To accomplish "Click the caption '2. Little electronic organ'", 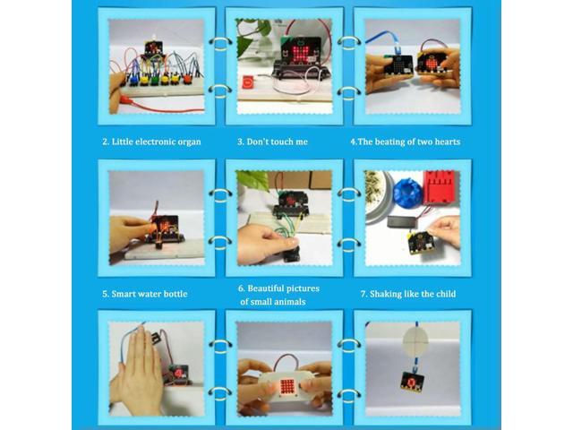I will click(150, 142).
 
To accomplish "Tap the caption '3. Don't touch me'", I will click(271, 142).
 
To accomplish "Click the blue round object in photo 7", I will click(407, 191).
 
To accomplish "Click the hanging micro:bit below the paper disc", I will click(413, 380).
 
